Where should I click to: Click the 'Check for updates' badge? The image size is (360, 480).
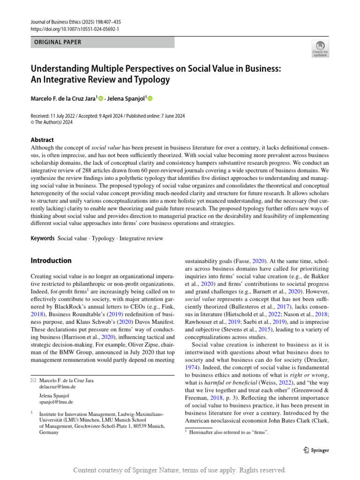[320, 48]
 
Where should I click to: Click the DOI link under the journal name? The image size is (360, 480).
[75, 29]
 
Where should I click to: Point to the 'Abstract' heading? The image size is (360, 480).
[42, 140]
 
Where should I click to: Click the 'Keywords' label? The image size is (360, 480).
[43, 238]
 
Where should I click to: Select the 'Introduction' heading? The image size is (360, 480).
[51, 261]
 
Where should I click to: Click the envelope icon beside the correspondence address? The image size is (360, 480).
[33, 381]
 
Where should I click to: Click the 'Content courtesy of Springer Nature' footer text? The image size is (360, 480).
[180, 470]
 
